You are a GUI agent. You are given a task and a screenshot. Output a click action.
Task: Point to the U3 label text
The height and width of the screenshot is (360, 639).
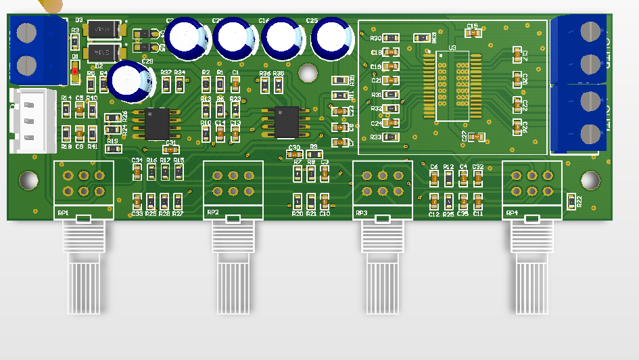pos(452,48)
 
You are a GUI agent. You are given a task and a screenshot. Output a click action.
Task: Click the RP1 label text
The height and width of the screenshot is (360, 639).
pos(63,213)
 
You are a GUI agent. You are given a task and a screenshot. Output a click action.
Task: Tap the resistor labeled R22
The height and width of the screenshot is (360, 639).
pos(570,201)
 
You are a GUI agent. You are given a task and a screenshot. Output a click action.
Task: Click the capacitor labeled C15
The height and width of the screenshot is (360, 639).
pos(473,33)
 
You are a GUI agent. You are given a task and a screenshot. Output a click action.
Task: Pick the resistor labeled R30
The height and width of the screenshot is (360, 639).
pos(390,38)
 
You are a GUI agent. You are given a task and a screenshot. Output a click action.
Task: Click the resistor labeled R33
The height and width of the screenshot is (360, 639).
pos(390,137)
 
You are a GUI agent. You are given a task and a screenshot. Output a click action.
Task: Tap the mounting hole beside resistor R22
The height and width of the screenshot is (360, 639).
pos(590,180)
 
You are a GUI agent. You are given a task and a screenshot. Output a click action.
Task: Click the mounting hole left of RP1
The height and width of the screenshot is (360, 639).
pos(28,180)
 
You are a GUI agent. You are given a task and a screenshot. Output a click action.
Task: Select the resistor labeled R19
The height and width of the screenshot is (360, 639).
pos(112,148)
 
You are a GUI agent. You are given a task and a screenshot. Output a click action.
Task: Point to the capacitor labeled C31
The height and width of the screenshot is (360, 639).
pos(170,149)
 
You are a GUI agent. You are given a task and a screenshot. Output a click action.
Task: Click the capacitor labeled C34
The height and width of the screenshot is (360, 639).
pos(137,172)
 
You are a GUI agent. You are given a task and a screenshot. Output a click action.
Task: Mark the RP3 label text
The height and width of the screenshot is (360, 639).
pos(361,213)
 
